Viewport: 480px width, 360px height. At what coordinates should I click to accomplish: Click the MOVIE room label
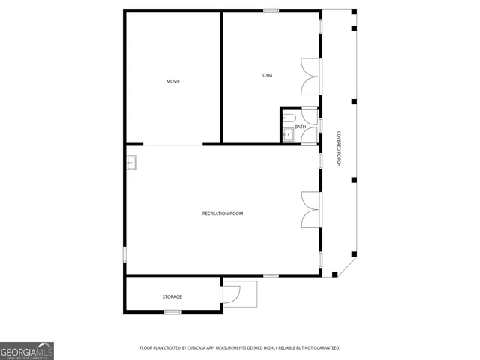pos(173,81)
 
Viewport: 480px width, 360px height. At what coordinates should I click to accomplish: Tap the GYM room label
pos(267,75)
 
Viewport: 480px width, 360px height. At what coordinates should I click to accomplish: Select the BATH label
pos(300,127)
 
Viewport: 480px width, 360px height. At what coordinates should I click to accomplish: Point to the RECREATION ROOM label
pos(223,214)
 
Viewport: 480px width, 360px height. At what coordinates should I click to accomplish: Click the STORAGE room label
pos(172,296)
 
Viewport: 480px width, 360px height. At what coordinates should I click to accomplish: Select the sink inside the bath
pos(288,135)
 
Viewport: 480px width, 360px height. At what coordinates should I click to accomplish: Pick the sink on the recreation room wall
pos(130,162)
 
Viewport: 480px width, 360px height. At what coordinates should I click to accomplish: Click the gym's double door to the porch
pos(310,76)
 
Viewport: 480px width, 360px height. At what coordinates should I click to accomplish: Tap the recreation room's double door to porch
pos(310,209)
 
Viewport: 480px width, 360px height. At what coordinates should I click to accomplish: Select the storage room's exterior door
pos(231,293)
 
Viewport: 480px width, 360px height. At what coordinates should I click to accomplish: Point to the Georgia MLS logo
pos(27,351)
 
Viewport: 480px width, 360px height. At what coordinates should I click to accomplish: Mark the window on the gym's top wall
pos(271,10)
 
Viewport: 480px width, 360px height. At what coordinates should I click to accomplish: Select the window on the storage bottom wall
pos(172,312)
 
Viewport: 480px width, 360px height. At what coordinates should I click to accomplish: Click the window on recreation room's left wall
pos(125,254)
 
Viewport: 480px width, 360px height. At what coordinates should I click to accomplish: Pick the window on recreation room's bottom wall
pos(271,275)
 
